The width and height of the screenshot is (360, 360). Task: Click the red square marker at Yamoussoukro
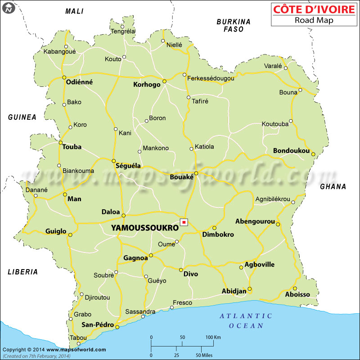[184, 222]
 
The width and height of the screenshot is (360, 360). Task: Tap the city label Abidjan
[234, 291]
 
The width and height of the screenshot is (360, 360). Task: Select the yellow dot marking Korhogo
[164, 81]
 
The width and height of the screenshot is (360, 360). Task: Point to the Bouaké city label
[181, 177]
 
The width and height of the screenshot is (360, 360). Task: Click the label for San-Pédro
[97, 324]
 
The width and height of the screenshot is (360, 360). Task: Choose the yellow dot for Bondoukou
[313, 153]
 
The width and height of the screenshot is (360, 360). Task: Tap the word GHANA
[333, 187]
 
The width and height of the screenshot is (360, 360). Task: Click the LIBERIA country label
[22, 272]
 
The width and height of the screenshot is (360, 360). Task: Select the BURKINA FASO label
[234, 25]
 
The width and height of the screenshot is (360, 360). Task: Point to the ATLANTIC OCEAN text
[246, 320]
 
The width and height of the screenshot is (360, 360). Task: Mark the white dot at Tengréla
[122, 26]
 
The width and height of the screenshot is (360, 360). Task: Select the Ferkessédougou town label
[211, 78]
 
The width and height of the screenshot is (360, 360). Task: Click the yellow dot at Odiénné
[64, 77]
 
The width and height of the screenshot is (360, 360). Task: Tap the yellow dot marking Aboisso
[295, 288]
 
